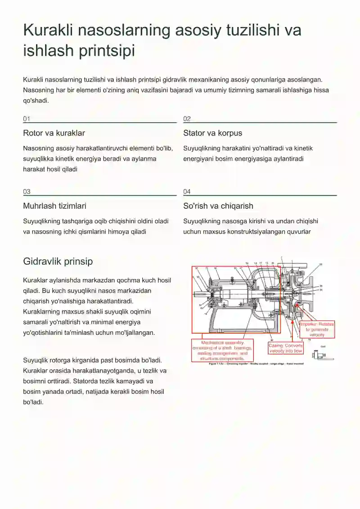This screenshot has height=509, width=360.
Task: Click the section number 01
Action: pos(27,119)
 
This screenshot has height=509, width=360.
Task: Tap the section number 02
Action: pos(187,119)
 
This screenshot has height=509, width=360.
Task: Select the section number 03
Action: pos(27,192)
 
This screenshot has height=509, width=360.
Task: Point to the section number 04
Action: pos(187,192)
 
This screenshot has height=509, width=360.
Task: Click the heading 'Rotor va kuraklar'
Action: pos(54,133)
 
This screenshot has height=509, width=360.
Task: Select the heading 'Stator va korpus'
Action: pos(212,133)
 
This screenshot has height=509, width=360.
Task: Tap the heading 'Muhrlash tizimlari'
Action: pos(54,206)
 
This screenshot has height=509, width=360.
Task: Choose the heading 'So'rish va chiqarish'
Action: pos(218,206)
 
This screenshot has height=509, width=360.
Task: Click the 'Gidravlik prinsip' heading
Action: pos(58,261)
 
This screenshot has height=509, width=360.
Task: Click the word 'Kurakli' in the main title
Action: pos(48,31)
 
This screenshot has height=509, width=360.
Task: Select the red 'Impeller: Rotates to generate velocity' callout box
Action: pos(317,329)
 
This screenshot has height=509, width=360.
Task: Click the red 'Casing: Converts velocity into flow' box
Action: pos(286,348)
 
